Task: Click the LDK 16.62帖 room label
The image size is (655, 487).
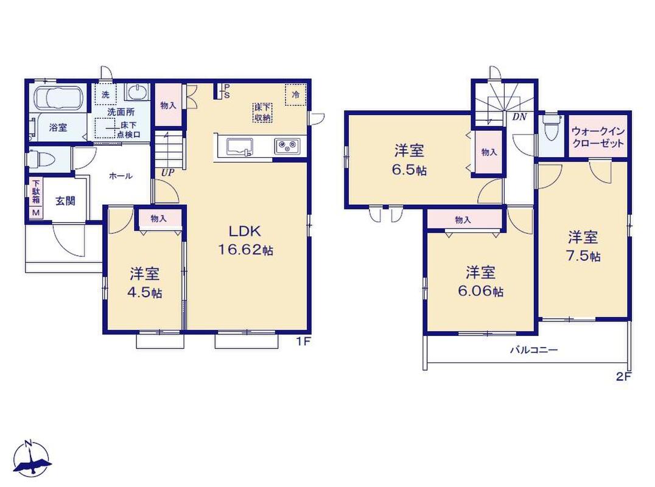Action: coord(246,240)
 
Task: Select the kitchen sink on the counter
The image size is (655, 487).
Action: coord(240,147)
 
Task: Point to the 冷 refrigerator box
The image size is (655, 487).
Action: coord(295,95)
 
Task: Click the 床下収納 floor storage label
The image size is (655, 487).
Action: coord(263,113)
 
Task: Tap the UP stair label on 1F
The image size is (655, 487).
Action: coord(167,172)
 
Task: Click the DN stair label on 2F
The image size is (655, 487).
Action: coord(520,117)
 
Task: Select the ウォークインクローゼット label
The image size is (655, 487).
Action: coord(598,137)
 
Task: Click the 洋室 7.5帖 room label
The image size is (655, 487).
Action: coord(583,247)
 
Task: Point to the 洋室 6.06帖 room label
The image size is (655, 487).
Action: coord(481,281)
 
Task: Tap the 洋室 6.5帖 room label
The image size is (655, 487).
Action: coord(409,160)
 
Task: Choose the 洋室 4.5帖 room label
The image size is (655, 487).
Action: coord(144,283)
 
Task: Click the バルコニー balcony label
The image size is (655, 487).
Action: coord(534,350)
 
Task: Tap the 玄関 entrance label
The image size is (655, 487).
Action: coord(66,201)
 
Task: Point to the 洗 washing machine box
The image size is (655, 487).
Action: coord(105,94)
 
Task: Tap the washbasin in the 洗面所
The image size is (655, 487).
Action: coord(137,92)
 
